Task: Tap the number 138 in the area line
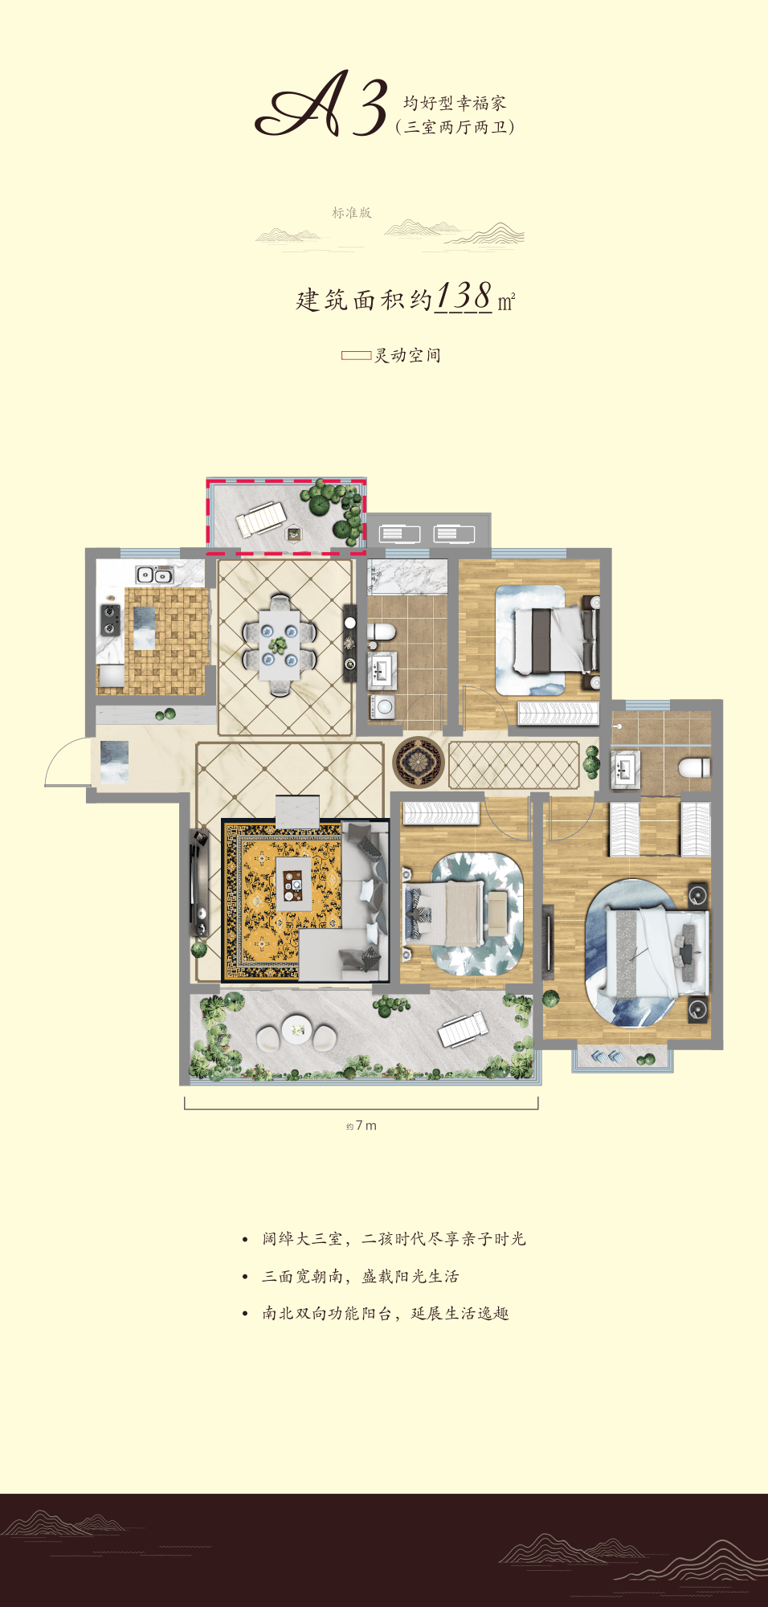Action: [464, 296]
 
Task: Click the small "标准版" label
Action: [352, 213]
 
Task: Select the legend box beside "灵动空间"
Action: [356, 355]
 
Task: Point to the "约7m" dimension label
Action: [362, 1126]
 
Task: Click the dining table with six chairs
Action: [280, 645]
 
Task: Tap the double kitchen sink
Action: [155, 575]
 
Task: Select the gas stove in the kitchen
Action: [110, 619]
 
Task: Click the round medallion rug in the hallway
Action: [419, 762]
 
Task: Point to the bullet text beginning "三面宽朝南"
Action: [361, 1276]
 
